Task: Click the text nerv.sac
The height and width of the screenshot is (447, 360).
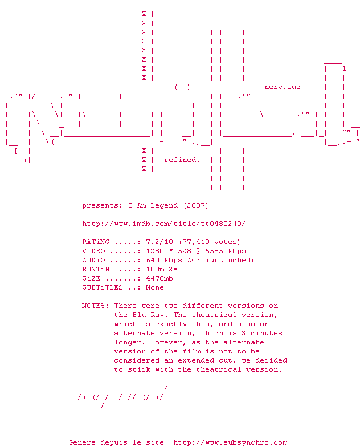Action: click(x=283, y=87)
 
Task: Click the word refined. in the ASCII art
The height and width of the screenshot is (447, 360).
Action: click(x=182, y=160)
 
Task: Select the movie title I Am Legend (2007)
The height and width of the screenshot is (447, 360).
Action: click(x=168, y=205)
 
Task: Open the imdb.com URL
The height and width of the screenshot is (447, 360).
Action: click(x=163, y=223)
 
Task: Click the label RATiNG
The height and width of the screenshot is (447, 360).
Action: click(x=97, y=242)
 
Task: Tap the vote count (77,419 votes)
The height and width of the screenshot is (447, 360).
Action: click(x=210, y=242)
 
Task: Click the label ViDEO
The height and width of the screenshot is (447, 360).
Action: click(x=95, y=251)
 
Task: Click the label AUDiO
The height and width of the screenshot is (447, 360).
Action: click(x=95, y=260)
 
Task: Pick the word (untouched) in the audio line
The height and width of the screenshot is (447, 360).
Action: click(x=230, y=260)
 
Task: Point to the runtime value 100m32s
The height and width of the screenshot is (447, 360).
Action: click(x=162, y=269)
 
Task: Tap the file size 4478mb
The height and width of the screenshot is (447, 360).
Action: click(x=159, y=278)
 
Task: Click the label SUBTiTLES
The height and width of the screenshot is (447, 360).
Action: click(x=102, y=287)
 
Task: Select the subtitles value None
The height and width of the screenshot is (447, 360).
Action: click(x=155, y=287)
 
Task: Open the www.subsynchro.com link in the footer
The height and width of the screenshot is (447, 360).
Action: click(x=230, y=442)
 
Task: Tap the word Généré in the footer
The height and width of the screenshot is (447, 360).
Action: click(x=82, y=442)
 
